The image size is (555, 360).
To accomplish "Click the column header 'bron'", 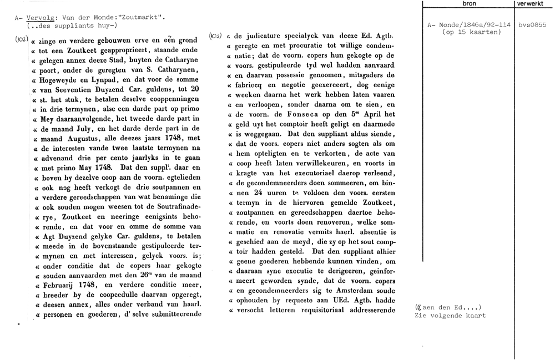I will point(469,3).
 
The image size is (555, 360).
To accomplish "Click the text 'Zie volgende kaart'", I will point(450,316).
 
